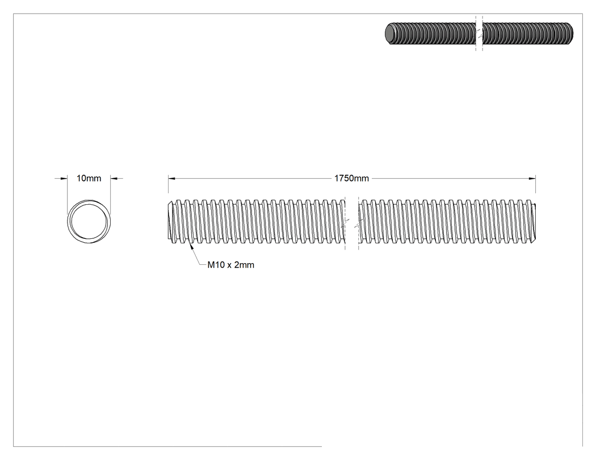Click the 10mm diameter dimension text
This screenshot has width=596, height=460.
(89, 178)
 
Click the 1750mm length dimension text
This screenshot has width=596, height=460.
(351, 178)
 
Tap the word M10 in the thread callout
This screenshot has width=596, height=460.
(216, 265)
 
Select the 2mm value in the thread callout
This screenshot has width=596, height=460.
(244, 265)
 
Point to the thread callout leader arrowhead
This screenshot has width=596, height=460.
(192, 247)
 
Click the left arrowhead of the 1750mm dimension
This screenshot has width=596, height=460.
(172, 178)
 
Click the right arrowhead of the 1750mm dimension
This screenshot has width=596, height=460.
(532, 178)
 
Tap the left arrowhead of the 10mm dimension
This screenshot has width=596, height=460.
(64, 178)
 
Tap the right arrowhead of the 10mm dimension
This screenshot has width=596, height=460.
(114, 178)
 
